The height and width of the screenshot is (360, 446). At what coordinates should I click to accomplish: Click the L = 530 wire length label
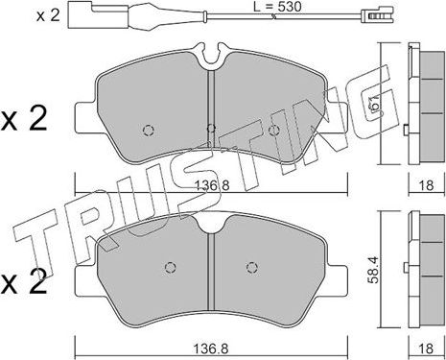[x=277, y=7]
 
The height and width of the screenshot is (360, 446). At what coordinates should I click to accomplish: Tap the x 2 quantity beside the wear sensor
[x=48, y=15]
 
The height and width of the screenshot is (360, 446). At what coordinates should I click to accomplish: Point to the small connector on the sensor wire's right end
[x=377, y=15]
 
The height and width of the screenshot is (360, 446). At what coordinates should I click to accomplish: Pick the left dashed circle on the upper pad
[x=148, y=131]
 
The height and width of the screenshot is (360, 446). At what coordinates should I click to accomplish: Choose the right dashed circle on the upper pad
[x=272, y=131]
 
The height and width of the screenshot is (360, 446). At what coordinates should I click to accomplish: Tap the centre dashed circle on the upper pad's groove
[x=211, y=129]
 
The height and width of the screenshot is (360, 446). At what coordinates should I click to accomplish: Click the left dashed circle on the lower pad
[x=170, y=267]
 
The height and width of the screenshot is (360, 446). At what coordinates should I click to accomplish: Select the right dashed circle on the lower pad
[x=252, y=267]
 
